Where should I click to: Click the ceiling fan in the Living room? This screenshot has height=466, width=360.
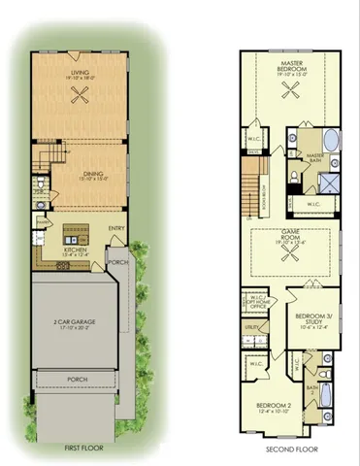click(x=82, y=94)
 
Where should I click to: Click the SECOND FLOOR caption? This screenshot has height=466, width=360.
click(x=287, y=448)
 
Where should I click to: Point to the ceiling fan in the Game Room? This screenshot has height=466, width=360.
click(x=289, y=244)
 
